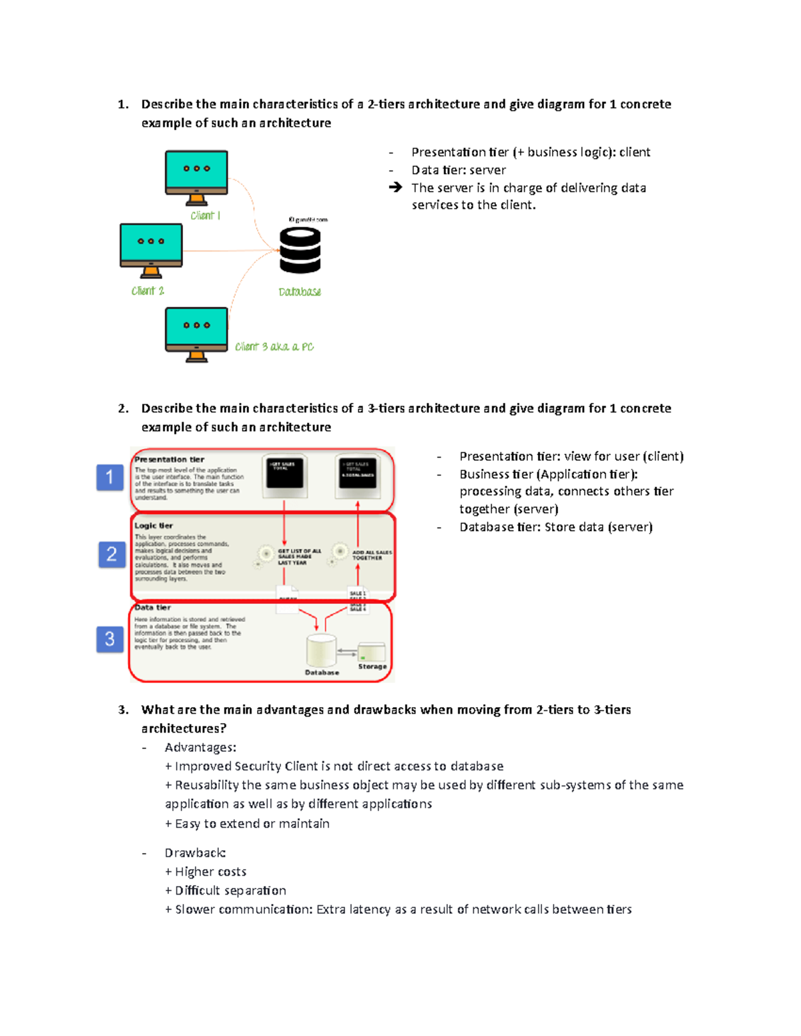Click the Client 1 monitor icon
pyautogui.click(x=196, y=175)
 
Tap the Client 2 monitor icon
pyautogui.click(x=151, y=249)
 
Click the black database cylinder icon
pyautogui.click(x=300, y=250)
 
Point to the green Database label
pyautogui.click(x=300, y=292)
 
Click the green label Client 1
pyautogui.click(x=205, y=215)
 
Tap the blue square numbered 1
pyautogui.click(x=110, y=477)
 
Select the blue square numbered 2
pyautogui.click(x=111, y=554)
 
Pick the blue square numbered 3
pyautogui.click(x=110, y=639)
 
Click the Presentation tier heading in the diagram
pyautogui.click(x=169, y=460)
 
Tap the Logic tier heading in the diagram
pyautogui.click(x=154, y=526)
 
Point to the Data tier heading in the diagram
pyautogui.click(x=153, y=608)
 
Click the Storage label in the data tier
pyautogui.click(x=372, y=666)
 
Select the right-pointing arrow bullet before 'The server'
pyautogui.click(x=395, y=187)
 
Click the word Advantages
pyautogui.click(x=200, y=747)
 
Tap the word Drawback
pyautogui.click(x=194, y=853)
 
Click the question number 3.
pyautogui.click(x=123, y=710)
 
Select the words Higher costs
pyautogui.click(x=210, y=871)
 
